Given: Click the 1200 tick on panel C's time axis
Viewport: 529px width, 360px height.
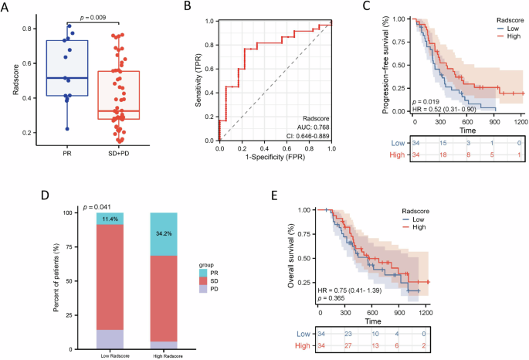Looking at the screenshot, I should (522, 121).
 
